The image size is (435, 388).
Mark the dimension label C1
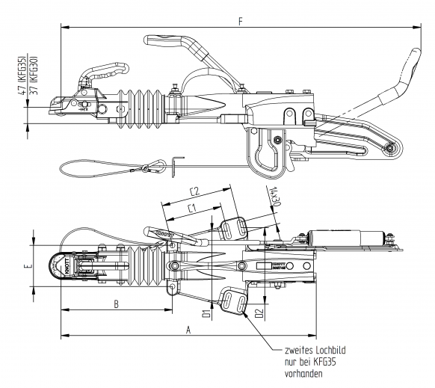coord(193,207)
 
